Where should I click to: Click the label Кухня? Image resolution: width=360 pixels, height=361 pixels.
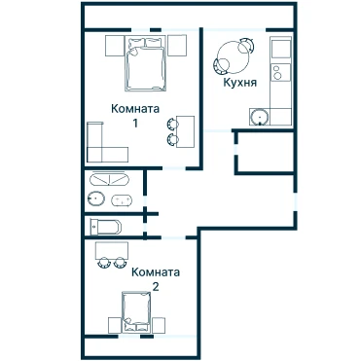tap(239, 83)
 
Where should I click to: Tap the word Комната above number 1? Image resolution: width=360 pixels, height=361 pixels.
tap(135, 108)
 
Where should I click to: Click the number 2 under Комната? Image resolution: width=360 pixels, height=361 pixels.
tap(156, 287)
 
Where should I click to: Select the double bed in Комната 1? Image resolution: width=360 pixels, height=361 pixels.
tap(145, 63)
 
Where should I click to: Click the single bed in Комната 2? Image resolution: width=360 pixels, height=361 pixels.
tap(136, 312)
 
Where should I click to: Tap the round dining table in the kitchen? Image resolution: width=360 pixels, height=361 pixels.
tap(233, 57)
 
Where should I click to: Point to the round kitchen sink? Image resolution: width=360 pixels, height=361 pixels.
tap(260, 117)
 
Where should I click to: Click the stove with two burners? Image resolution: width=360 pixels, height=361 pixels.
tap(281, 72)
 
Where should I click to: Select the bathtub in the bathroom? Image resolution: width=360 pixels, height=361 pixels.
tap(109, 179)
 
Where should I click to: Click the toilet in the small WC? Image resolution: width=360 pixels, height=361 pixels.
tap(106, 227)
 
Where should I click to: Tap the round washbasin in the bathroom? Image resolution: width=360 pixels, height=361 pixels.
tap(96, 198)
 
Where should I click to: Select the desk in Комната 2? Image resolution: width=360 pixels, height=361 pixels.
tap(111, 250)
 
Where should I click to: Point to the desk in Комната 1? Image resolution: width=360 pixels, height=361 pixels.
tap(185, 131)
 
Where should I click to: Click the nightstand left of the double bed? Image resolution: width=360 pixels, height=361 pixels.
tap(115, 46)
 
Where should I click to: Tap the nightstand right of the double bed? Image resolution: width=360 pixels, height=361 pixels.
tap(177, 46)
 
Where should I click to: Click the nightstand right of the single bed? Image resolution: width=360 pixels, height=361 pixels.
tap(159, 325)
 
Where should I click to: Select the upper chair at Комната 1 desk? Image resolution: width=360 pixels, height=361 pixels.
tap(172, 124)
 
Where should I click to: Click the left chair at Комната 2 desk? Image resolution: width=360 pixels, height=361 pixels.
tap(104, 262)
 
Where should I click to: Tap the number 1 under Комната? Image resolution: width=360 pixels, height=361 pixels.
tap(135, 124)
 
